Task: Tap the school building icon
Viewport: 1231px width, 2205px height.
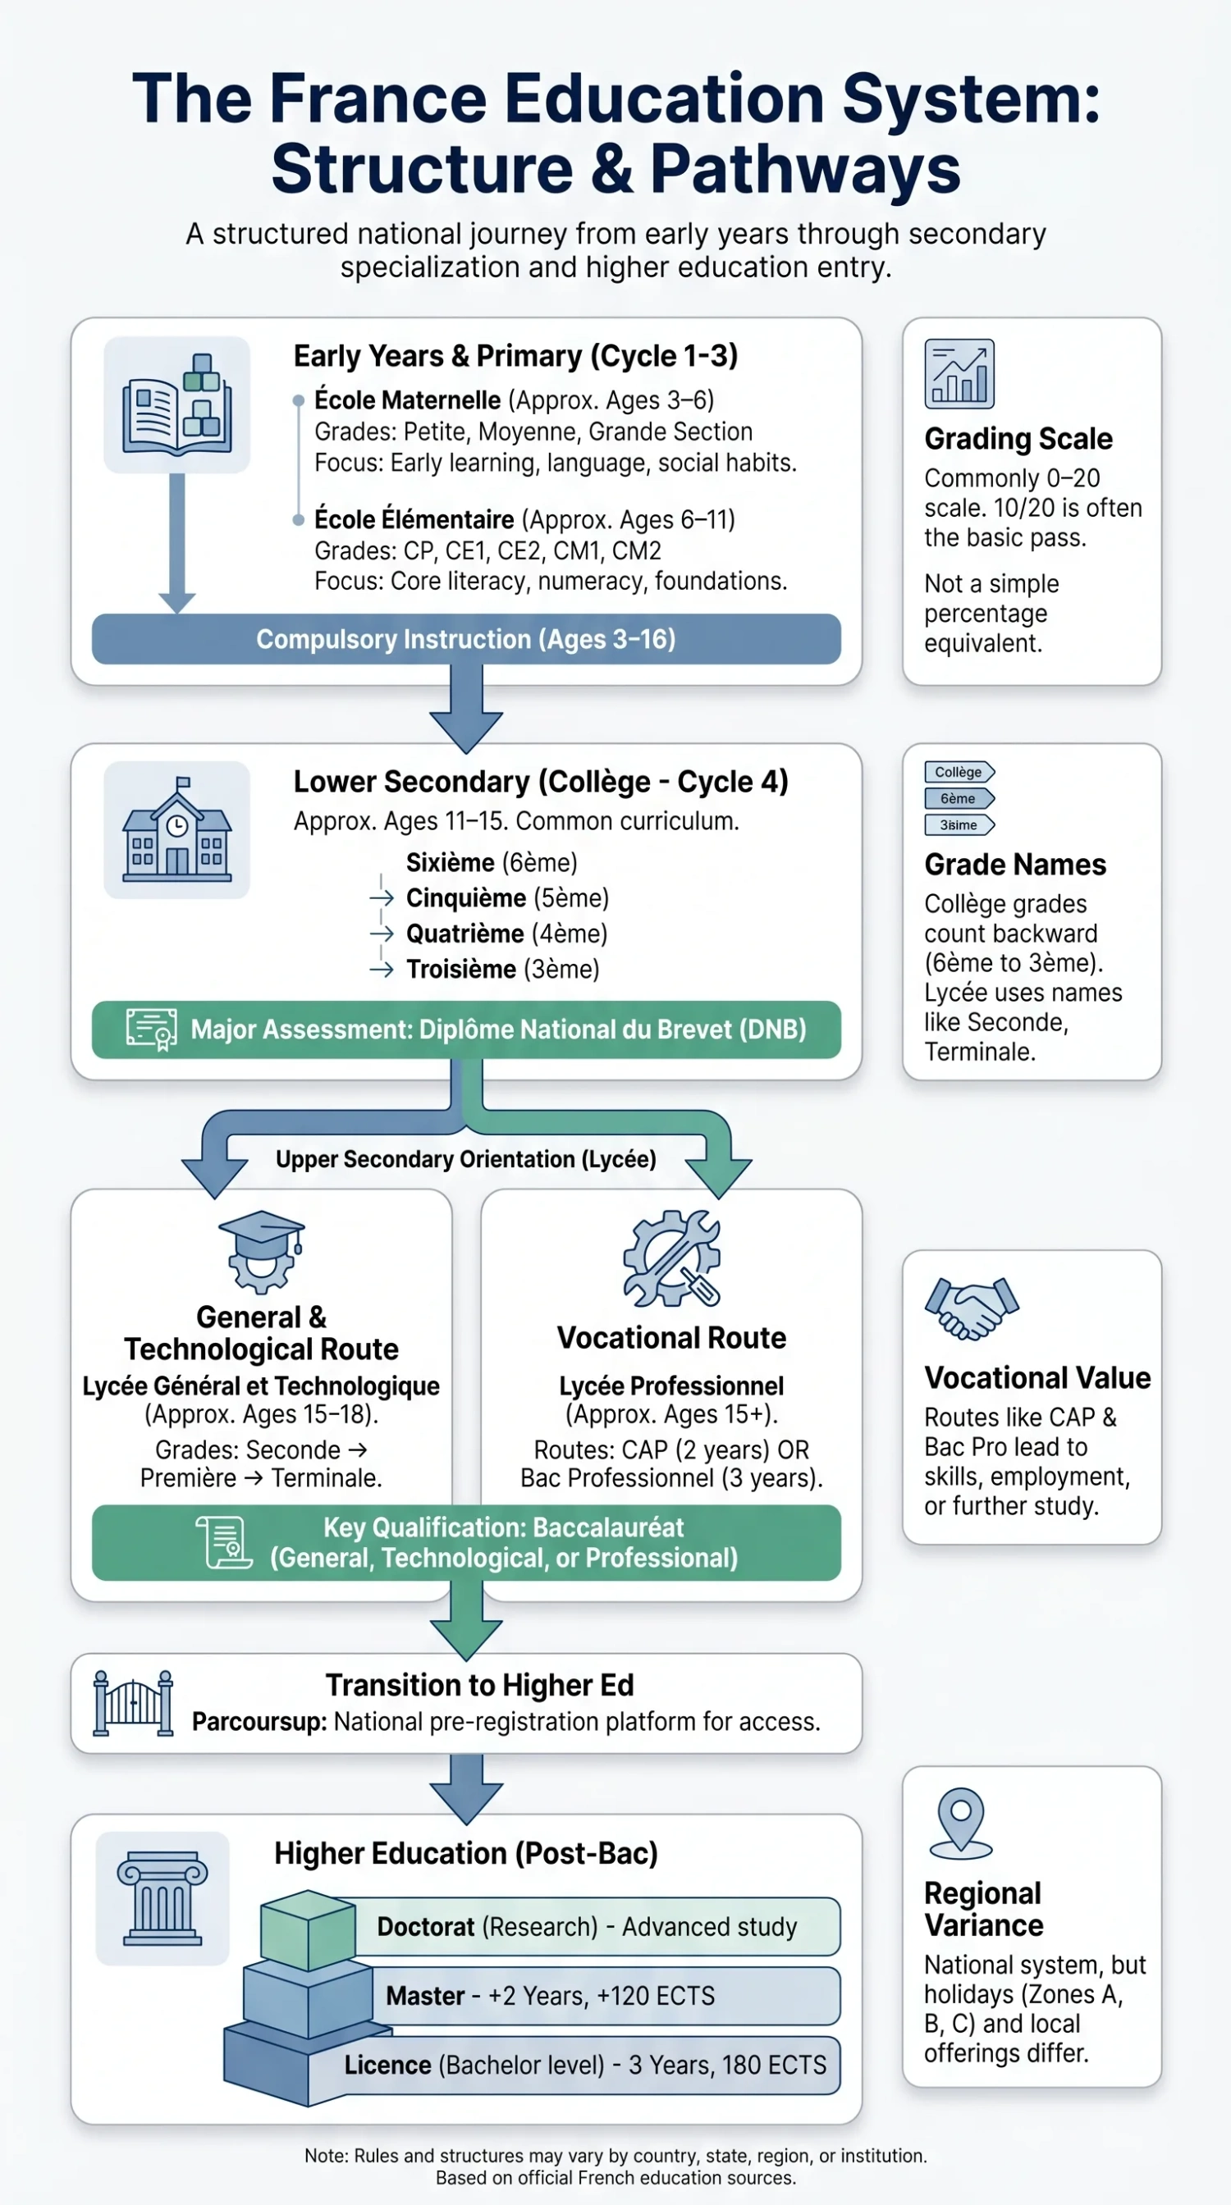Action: click(x=176, y=829)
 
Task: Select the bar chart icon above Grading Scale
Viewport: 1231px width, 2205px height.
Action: click(x=959, y=373)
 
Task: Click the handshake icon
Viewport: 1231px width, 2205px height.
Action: click(x=971, y=1307)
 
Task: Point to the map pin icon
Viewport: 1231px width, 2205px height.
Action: click(x=960, y=1824)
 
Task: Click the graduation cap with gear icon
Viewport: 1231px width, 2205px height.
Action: click(x=261, y=1251)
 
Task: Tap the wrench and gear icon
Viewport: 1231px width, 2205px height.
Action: click(x=671, y=1258)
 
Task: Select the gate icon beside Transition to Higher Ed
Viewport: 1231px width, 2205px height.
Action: click(x=133, y=1704)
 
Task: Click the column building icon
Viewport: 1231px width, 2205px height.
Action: click(x=162, y=1897)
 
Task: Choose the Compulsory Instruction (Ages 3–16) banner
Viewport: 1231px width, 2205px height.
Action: click(x=465, y=638)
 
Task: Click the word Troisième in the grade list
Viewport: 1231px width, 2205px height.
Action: click(x=460, y=969)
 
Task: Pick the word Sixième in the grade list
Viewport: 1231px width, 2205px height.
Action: click(x=451, y=862)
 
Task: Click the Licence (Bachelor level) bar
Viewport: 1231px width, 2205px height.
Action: click(x=574, y=2065)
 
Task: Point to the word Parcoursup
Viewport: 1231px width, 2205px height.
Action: click(x=259, y=1721)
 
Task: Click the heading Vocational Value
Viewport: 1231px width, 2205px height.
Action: click(x=1037, y=1377)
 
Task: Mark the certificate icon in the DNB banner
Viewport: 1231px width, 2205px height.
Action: click(x=152, y=1029)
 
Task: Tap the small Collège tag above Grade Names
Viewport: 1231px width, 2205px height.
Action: click(x=959, y=771)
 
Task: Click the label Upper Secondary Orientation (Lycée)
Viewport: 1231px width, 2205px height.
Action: click(x=465, y=1159)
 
